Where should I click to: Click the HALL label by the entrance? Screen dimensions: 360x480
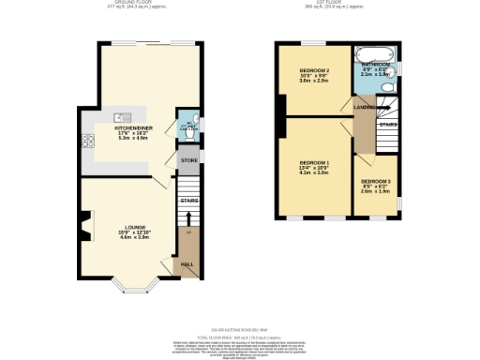coord(187,264)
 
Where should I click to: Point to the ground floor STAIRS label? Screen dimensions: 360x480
coord(188,199)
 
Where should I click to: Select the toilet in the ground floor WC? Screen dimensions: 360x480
coord(189,134)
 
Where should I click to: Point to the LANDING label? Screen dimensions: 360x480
coord(364,107)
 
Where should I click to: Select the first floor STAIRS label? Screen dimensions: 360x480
coord(387,124)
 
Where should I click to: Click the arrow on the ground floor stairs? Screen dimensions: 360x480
coord(188,231)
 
